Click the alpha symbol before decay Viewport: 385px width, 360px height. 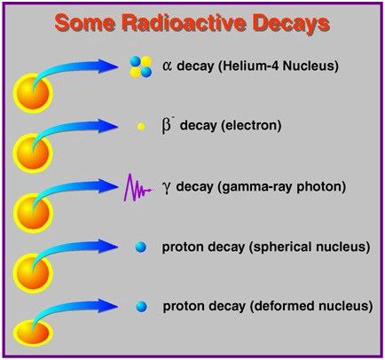(x=167, y=67)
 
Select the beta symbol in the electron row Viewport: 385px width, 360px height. (x=167, y=126)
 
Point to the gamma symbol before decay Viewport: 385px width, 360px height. (x=167, y=188)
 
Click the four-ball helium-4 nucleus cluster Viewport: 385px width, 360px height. (x=141, y=67)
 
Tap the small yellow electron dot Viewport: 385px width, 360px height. (x=141, y=127)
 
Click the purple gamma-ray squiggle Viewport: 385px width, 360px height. (x=138, y=188)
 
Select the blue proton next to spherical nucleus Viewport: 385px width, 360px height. (x=141, y=247)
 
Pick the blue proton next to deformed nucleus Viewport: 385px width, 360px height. (x=141, y=307)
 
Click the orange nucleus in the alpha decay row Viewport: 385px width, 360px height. (x=33, y=93)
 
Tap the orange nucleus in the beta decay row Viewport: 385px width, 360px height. (x=33, y=153)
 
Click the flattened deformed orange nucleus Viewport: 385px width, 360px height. (x=33, y=333)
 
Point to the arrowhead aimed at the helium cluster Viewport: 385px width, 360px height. (x=108, y=67)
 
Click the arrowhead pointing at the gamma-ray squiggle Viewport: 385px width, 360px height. (x=108, y=186)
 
